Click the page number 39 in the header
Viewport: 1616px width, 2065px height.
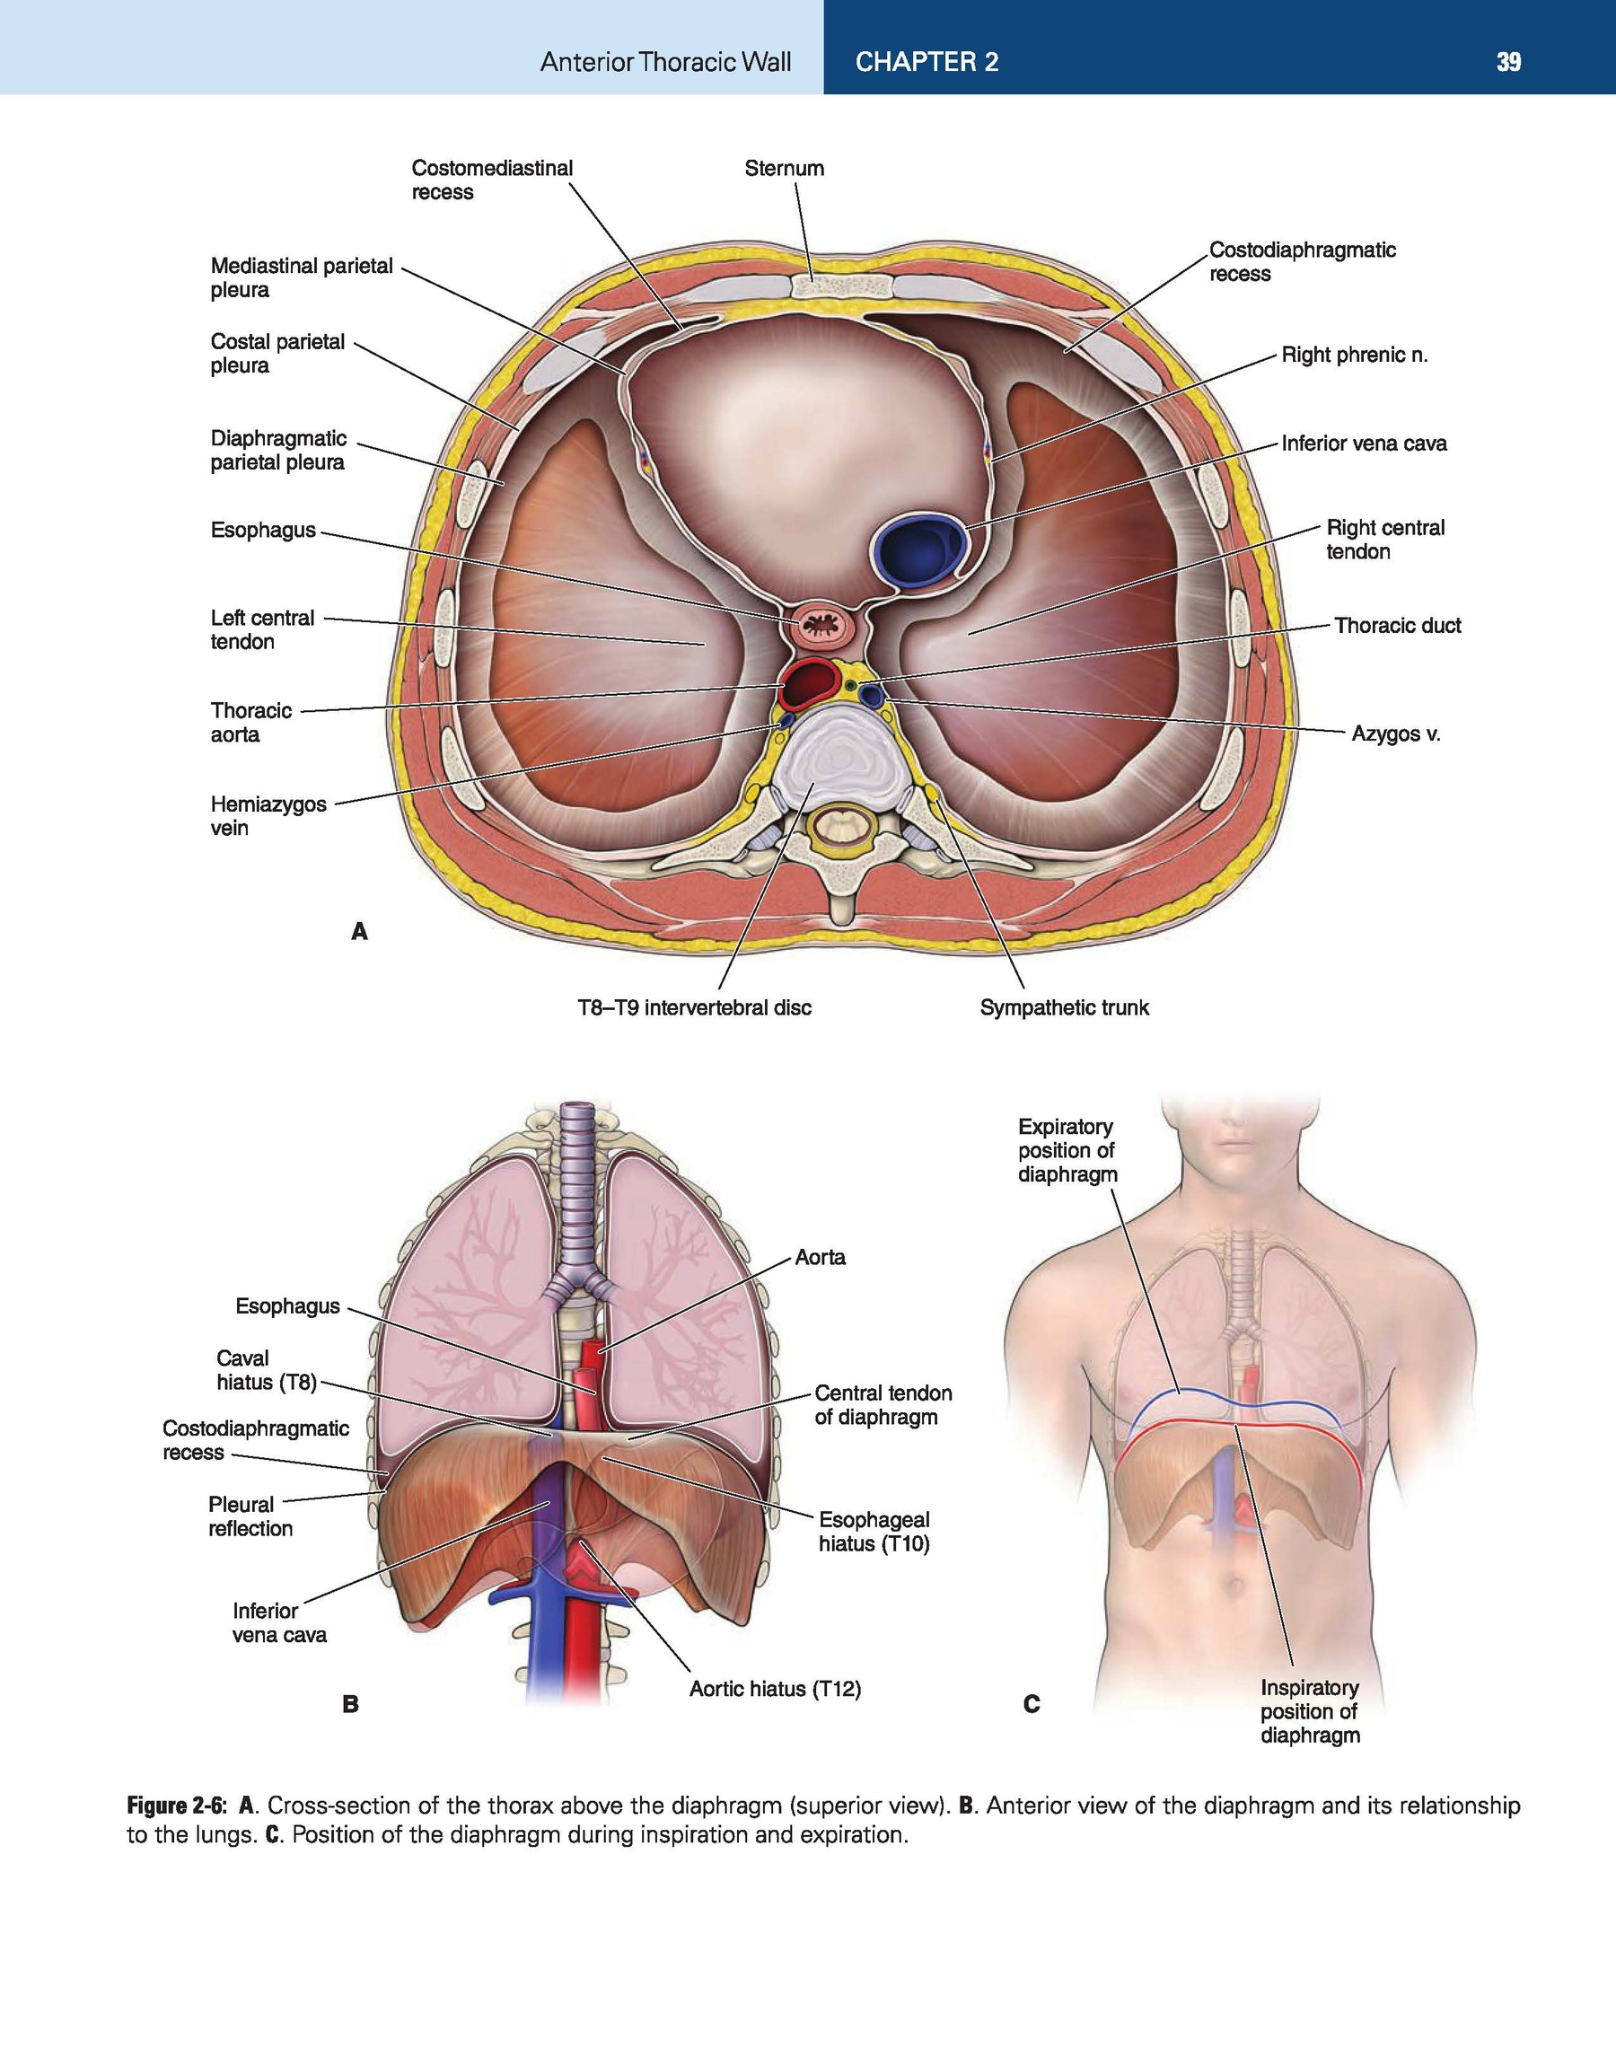click(x=1508, y=63)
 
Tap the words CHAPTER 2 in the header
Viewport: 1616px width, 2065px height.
click(x=927, y=63)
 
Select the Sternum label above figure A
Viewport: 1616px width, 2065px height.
click(x=784, y=169)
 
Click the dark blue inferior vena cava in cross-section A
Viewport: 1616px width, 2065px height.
click(x=918, y=549)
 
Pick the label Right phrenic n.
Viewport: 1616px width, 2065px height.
click(x=1354, y=356)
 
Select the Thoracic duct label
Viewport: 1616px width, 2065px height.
click(x=1398, y=625)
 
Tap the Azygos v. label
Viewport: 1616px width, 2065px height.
click(x=1394, y=734)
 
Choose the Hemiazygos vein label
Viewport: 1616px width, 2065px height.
click(x=268, y=815)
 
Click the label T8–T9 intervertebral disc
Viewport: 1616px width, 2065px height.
click(x=695, y=1007)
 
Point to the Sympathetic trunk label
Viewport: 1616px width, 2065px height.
click(x=1065, y=1007)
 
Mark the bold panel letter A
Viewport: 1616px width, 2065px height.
click(x=358, y=932)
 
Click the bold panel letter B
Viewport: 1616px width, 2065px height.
click(x=350, y=1705)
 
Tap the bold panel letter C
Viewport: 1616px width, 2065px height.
click(x=1032, y=1705)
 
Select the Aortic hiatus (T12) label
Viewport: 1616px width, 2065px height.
click(x=775, y=1689)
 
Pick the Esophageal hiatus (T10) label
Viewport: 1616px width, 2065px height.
click(x=874, y=1532)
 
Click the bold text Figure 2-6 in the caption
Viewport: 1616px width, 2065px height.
click(x=177, y=1806)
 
